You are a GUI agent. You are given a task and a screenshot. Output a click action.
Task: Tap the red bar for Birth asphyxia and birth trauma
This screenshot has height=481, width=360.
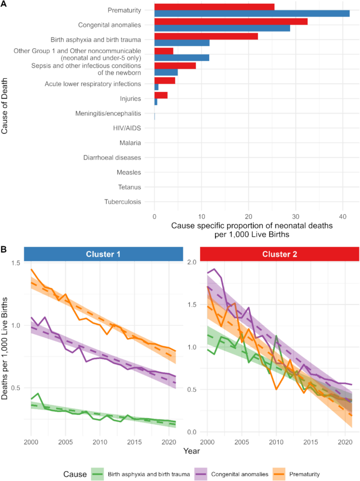pos(205,36)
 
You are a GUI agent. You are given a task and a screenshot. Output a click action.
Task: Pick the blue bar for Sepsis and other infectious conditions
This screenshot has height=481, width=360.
pos(166,72)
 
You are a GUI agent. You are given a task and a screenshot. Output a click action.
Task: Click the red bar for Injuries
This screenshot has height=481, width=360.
pos(160,95)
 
